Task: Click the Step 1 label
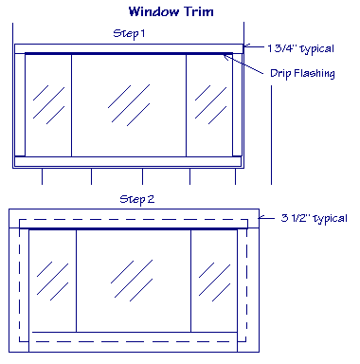pyautogui.click(x=130, y=33)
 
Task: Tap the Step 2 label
pyautogui.click(x=137, y=200)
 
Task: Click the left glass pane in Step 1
pyautogui.click(x=48, y=104)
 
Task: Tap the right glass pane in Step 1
pyautogui.click(x=208, y=104)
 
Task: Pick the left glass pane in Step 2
pyautogui.click(x=53, y=280)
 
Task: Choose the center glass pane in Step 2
pyautogui.click(x=133, y=280)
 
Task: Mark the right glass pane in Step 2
pyautogui.click(x=213, y=280)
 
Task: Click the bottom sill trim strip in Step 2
pyautogui.click(x=133, y=341)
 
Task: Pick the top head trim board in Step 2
pyautogui.click(x=133, y=219)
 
